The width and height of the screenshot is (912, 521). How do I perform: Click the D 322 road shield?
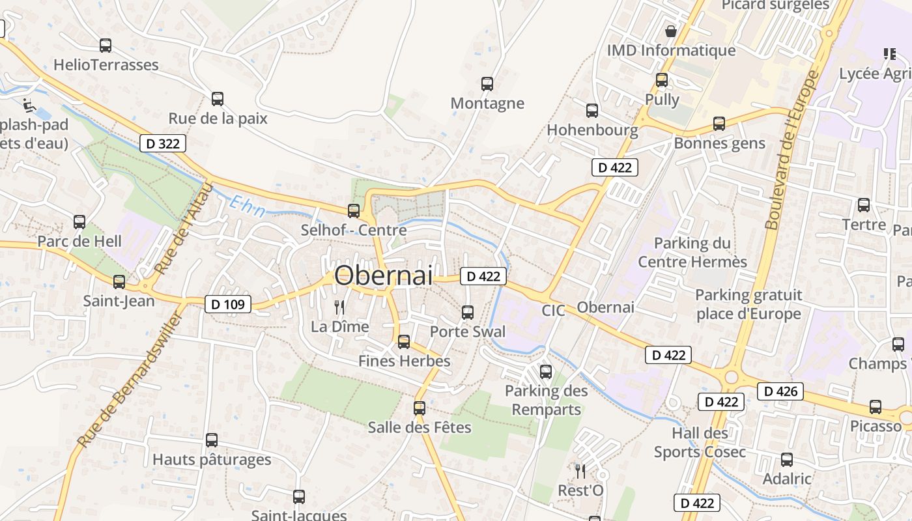(163, 143)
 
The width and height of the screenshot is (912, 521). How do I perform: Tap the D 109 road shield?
(228, 304)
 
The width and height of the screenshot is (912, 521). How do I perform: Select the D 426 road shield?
(780, 391)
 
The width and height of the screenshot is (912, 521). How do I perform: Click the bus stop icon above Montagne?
(487, 83)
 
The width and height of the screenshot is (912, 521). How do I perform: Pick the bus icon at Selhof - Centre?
(354, 210)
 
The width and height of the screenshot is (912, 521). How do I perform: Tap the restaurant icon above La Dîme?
(339, 307)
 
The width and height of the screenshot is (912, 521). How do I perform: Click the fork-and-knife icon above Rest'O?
(580, 471)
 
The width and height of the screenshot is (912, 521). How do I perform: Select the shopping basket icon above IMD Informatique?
(670, 31)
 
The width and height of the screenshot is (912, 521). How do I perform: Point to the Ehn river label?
(247, 206)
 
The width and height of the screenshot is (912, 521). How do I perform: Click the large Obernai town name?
(383, 275)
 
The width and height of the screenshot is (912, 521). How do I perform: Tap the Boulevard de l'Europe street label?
(791, 150)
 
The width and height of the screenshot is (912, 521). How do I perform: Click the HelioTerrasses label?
(106, 64)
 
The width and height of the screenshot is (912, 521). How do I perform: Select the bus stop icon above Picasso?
(876, 407)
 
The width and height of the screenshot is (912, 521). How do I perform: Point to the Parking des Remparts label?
(546, 400)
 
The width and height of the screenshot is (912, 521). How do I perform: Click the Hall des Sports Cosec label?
(700, 442)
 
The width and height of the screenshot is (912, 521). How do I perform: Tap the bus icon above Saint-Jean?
(119, 282)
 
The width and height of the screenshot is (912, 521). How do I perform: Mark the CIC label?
(553, 311)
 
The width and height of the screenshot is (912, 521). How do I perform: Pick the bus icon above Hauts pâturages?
(212, 440)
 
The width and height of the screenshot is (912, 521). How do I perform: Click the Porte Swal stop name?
(467, 331)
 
